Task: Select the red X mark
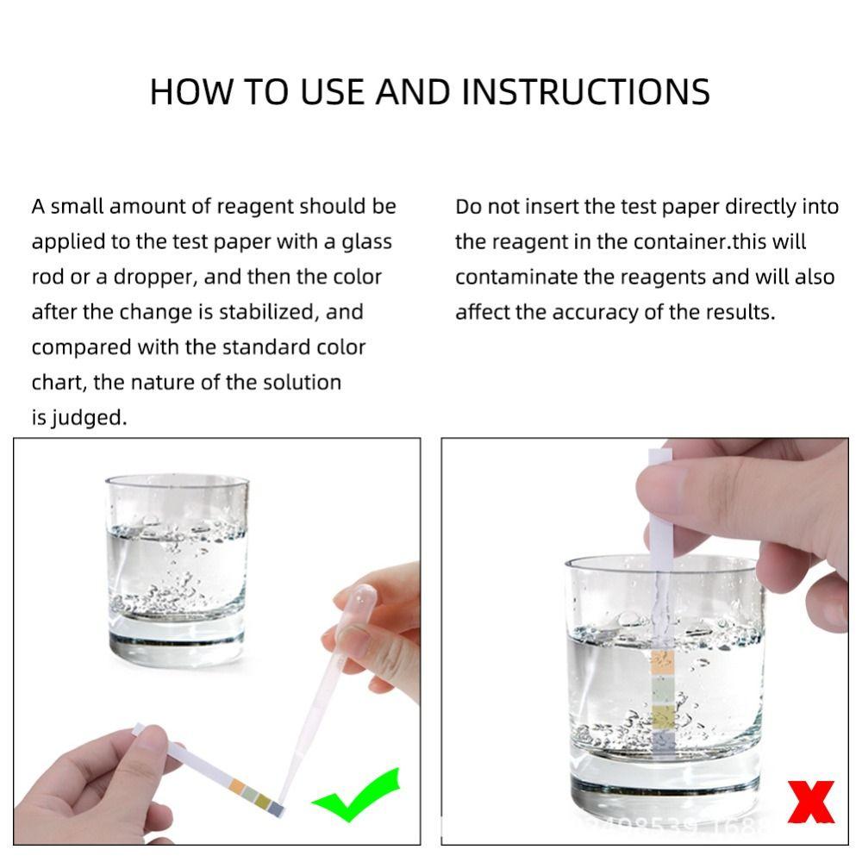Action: coord(811,803)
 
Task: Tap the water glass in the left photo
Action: coord(177,569)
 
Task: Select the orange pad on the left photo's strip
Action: coord(237,784)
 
